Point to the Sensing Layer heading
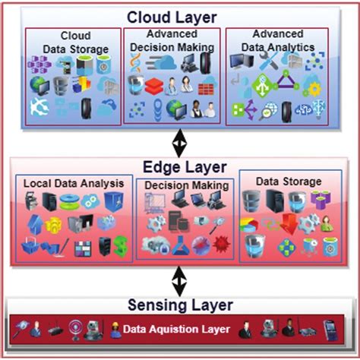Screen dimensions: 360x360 [x=179, y=305]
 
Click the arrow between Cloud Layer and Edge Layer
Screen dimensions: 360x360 [x=180, y=141]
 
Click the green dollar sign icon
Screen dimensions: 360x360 [x=120, y=246]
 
